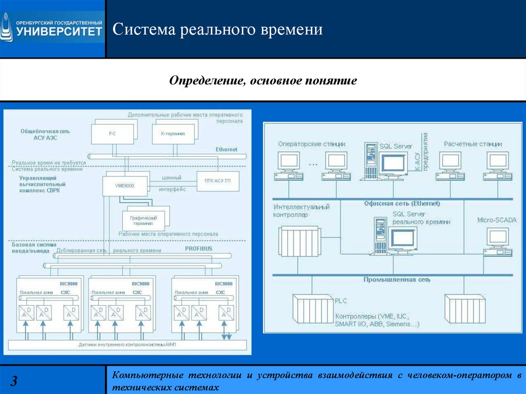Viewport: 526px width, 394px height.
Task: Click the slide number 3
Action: tap(14, 381)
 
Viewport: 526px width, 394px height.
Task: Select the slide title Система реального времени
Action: tap(218, 29)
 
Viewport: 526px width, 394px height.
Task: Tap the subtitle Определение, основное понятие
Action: tap(263, 81)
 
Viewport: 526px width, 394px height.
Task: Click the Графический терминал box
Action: tap(140, 220)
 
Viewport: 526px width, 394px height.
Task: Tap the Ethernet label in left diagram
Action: tap(227, 149)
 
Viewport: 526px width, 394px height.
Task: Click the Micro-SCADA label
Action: tap(497, 220)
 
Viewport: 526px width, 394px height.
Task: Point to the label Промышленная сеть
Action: tap(397, 280)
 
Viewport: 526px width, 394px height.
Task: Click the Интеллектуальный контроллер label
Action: tap(302, 211)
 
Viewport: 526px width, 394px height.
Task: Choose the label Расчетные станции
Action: tap(473, 144)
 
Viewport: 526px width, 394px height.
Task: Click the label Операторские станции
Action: tap(311, 144)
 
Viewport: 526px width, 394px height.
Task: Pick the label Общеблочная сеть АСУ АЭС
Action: tap(45, 134)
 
